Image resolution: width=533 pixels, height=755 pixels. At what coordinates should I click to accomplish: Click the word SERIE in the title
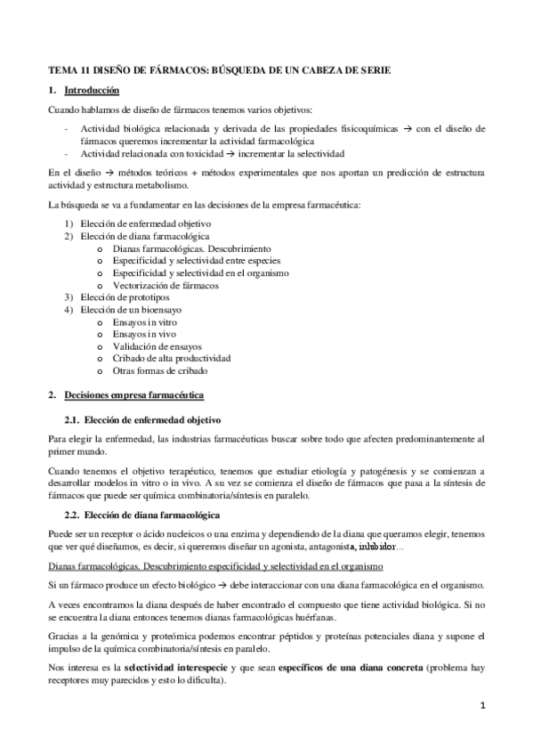(373, 69)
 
